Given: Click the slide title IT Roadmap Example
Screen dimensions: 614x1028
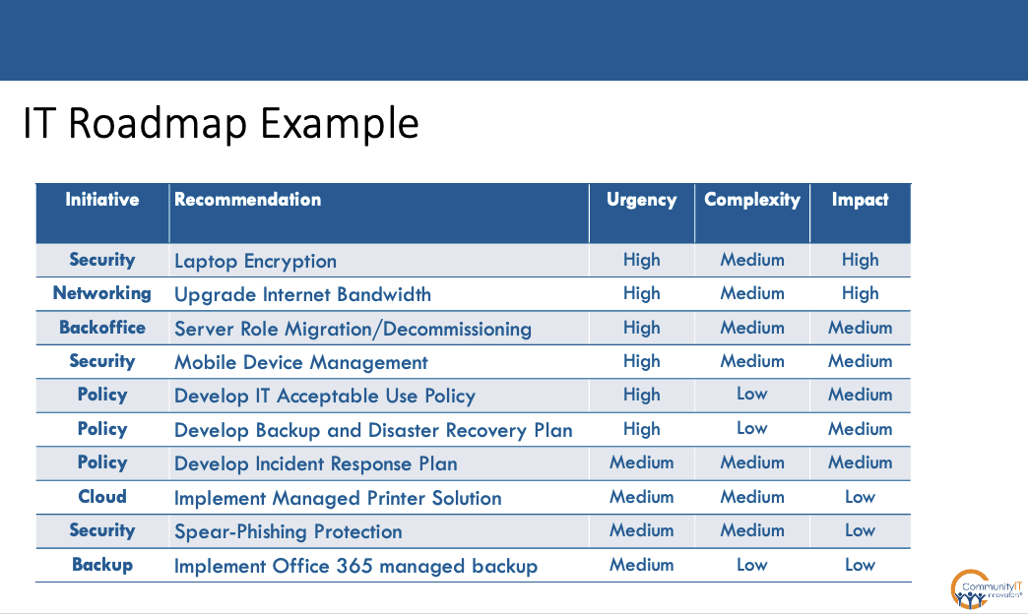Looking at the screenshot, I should click(x=221, y=125).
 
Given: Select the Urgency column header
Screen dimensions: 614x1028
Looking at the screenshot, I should click(x=641, y=200).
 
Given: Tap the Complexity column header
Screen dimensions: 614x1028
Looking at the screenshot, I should click(x=751, y=200).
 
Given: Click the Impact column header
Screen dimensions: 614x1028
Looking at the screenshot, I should click(x=860, y=200).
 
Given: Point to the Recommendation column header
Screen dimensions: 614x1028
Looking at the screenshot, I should click(x=247, y=200).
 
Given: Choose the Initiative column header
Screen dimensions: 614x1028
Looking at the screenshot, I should click(x=102, y=200).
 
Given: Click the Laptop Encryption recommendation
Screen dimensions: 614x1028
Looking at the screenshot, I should click(x=255, y=261).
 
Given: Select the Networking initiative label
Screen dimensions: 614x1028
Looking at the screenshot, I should click(x=102, y=293).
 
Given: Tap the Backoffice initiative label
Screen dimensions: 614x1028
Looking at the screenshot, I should click(x=102, y=328).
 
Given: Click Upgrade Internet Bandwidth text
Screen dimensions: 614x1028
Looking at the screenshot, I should click(x=302, y=294).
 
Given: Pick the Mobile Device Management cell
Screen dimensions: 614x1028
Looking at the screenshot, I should click(x=300, y=362).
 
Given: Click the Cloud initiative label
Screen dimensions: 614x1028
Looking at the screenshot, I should click(x=102, y=497).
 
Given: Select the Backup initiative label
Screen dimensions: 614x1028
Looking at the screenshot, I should click(x=102, y=565).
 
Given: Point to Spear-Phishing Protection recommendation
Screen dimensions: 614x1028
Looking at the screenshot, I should click(x=288, y=531).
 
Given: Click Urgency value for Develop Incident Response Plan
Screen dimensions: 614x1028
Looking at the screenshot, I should click(x=641, y=462).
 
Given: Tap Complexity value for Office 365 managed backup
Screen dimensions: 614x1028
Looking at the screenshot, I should click(x=751, y=565).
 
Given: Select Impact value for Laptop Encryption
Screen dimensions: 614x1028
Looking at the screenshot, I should click(x=860, y=260).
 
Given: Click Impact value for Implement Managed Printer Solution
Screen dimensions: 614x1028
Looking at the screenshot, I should click(x=860, y=497).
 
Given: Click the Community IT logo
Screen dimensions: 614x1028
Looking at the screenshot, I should click(x=986, y=588).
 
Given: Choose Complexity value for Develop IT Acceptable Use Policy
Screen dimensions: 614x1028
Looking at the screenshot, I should click(x=751, y=395).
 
